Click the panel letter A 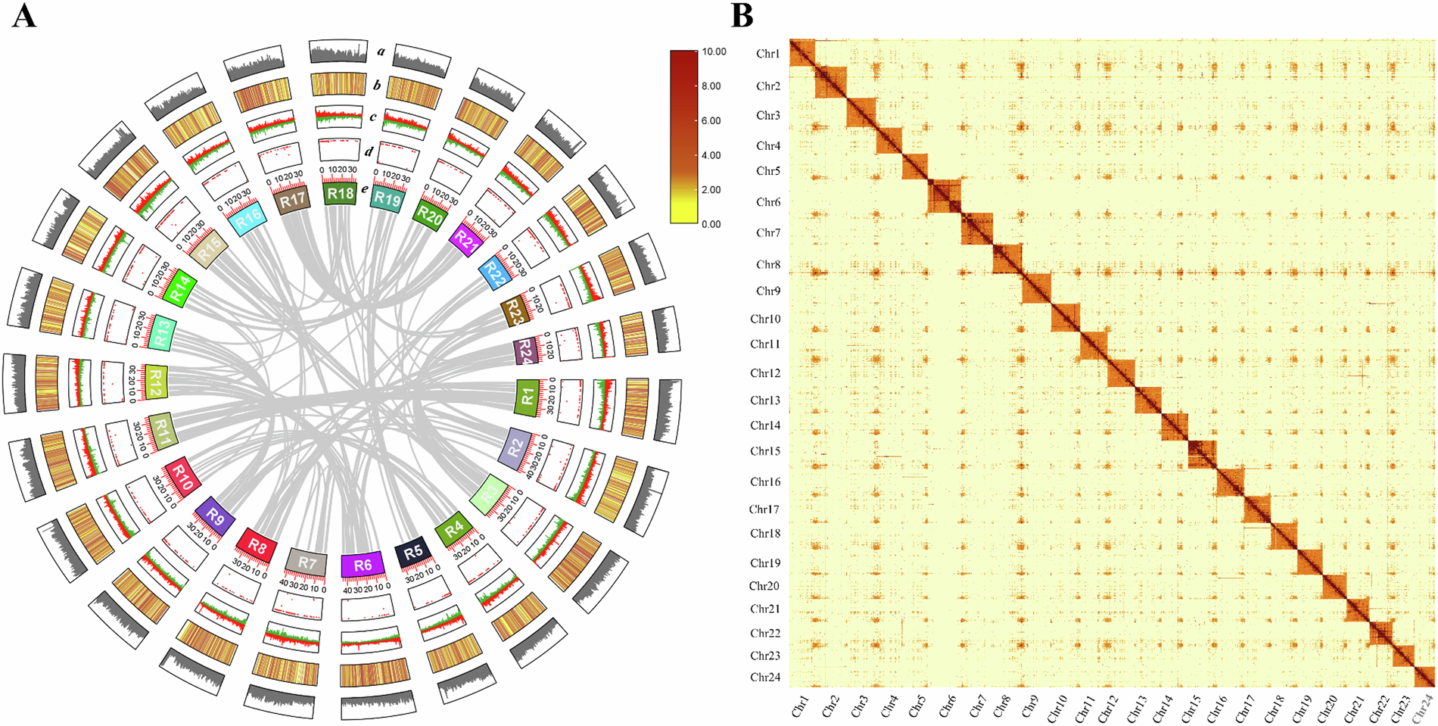tap(24, 16)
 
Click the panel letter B tap(742, 16)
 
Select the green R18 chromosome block tap(340, 194)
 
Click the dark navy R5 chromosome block tap(413, 553)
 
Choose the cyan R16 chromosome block tap(247, 219)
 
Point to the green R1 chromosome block tap(527, 397)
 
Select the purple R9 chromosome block tap(216, 518)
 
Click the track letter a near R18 tap(381, 52)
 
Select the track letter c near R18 tap(373, 117)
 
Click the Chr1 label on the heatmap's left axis tap(767, 54)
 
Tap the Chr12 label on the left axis tap(765, 373)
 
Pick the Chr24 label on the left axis tap(765, 678)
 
